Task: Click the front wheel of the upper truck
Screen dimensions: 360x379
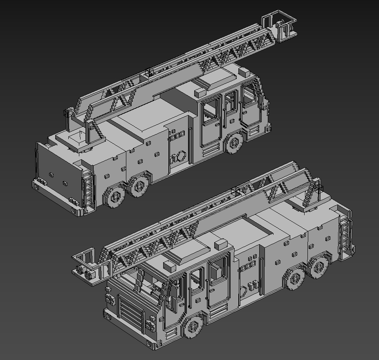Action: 234,143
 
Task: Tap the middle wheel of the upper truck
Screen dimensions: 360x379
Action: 139,187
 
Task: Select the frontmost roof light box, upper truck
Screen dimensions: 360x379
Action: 245,72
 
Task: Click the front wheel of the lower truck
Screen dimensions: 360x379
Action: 193,327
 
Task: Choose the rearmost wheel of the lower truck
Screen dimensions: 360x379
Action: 318,267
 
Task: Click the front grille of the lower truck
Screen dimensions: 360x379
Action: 131,313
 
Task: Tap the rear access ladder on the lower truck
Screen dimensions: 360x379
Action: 345,233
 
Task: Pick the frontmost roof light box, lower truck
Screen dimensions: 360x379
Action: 170,266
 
